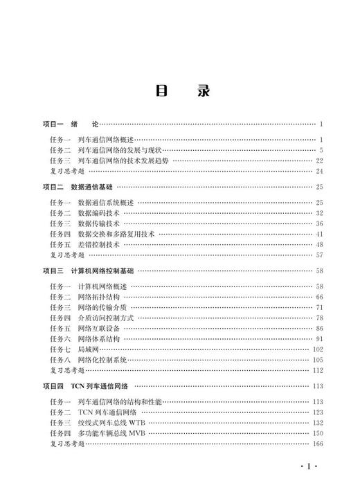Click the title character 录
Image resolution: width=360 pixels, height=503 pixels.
tap(202, 92)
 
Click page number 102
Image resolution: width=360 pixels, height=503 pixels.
tap(318, 349)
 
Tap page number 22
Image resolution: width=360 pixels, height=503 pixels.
tap(320, 160)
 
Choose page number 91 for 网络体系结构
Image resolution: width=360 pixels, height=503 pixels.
tap(320, 339)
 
